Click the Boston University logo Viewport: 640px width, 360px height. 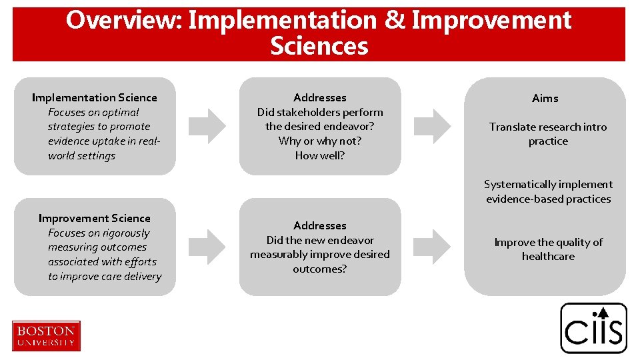[46, 335]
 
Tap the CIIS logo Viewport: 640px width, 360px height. [593, 328]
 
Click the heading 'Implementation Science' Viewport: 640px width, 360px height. [95, 98]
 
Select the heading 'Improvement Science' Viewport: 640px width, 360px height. [95, 219]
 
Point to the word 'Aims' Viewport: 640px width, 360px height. [545, 99]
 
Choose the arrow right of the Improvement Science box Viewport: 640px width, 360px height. [207, 247]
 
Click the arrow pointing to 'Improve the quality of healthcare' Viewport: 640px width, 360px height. [432, 247]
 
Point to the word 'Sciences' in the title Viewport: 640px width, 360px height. [319, 47]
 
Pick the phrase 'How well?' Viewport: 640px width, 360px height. [320, 156]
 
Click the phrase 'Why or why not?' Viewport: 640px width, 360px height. [320, 141]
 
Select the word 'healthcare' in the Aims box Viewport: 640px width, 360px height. [548, 257]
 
